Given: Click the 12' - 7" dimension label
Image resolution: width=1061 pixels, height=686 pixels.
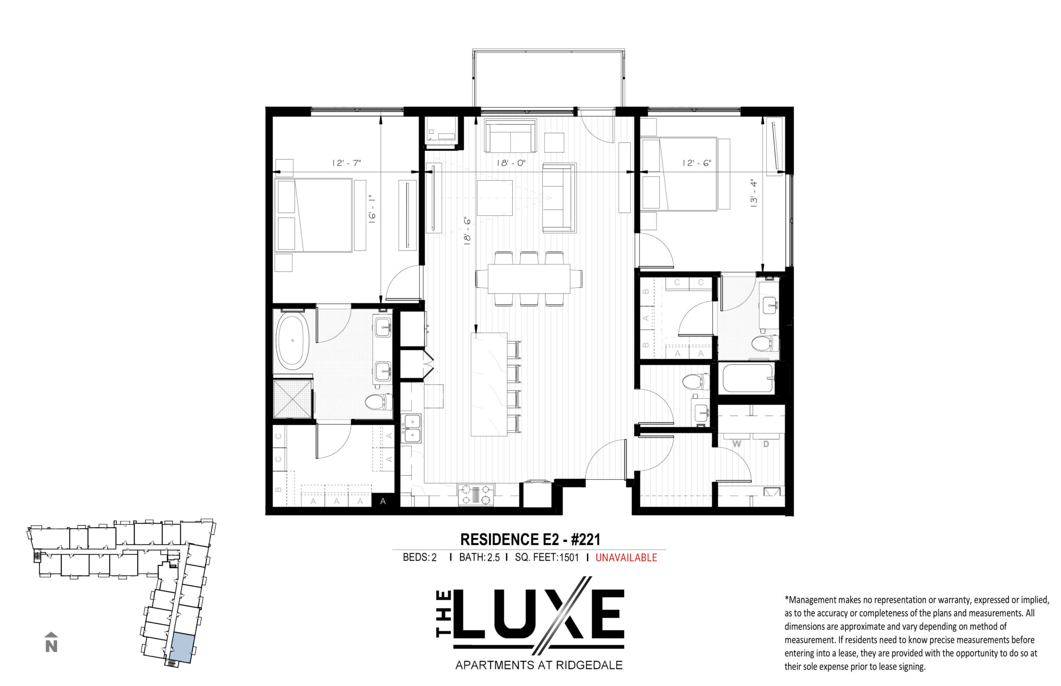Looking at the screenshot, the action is click(346, 163).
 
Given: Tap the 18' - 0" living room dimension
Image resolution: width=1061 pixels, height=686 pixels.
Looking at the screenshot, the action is click(511, 163).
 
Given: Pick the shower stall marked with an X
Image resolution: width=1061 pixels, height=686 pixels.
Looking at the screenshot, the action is click(292, 399).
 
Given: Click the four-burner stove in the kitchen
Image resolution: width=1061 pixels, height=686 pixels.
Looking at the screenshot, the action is click(476, 495).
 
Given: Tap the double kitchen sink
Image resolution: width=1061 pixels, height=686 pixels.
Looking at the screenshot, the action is click(413, 428).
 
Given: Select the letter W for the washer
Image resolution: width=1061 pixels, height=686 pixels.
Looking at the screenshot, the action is click(736, 444).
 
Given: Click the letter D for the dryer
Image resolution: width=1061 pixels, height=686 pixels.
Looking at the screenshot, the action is click(765, 444).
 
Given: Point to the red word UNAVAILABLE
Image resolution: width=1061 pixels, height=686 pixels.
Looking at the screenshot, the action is click(626, 557).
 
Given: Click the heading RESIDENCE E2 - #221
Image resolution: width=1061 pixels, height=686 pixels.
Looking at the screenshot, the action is click(530, 539).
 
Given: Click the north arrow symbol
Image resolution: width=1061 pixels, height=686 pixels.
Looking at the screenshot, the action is click(52, 642).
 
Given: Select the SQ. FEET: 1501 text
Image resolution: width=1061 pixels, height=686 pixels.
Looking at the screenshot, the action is click(547, 557).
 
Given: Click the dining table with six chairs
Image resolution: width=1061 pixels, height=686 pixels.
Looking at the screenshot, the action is click(529, 279).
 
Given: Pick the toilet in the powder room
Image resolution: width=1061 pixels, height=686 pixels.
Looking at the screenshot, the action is click(695, 382).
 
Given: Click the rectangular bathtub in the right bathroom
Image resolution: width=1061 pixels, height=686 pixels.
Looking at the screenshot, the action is click(747, 378).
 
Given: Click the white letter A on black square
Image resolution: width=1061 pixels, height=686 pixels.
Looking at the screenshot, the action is click(383, 501).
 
